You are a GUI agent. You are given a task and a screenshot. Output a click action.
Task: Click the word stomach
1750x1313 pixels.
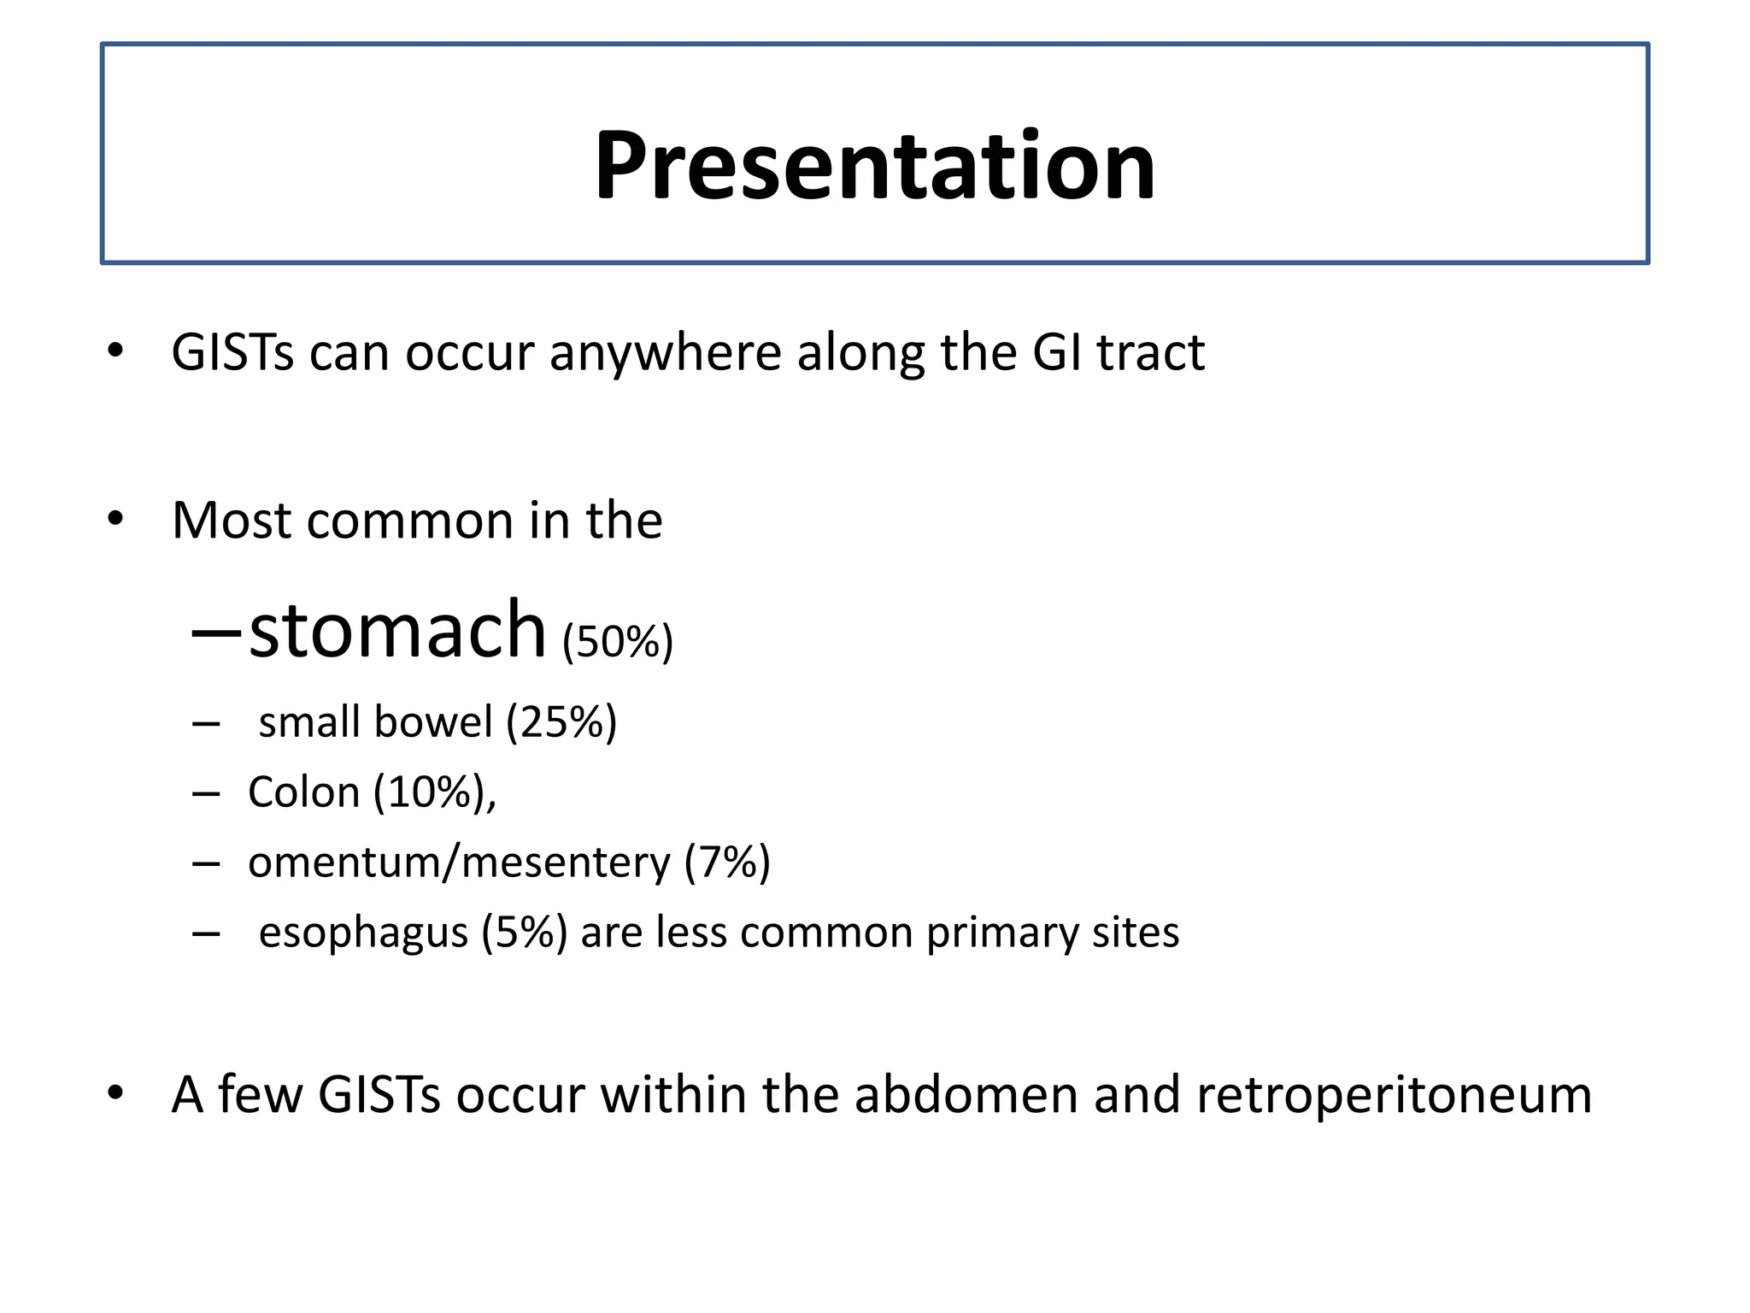(397, 630)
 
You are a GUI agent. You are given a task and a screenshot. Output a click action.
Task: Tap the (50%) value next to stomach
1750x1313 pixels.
(618, 641)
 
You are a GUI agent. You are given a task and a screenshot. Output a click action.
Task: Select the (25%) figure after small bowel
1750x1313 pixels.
(561, 721)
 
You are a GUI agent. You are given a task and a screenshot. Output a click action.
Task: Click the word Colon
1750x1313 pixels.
(303, 792)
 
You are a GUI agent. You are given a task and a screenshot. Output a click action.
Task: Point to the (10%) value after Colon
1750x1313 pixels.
(429, 792)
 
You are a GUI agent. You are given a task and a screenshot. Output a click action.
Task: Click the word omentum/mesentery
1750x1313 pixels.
(459, 862)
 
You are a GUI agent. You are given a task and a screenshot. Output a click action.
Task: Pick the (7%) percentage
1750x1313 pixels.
(727, 862)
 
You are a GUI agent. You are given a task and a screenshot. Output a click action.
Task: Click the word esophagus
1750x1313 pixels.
(363, 933)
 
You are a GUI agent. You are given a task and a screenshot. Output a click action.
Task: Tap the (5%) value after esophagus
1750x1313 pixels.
(524, 932)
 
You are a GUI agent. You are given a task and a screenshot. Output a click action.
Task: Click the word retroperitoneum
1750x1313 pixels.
(1394, 1095)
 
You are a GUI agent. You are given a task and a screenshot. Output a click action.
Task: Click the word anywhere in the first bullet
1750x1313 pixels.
(665, 353)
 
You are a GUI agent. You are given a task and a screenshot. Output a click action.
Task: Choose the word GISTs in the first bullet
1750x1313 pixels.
(232, 352)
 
